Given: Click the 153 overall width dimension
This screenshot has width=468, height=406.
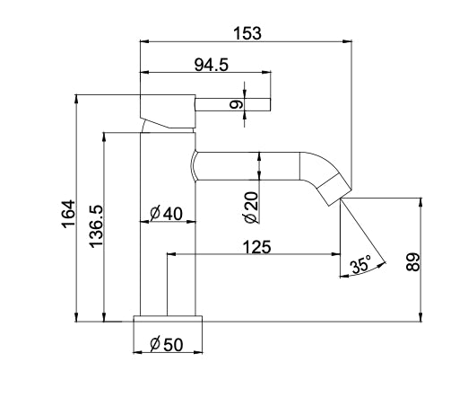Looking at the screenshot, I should click(x=247, y=32).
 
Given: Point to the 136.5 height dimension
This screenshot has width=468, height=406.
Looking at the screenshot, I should click(x=96, y=228).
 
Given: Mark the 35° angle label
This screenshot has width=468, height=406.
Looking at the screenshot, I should click(x=360, y=266).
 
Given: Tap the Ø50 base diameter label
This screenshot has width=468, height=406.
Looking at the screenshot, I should click(x=169, y=343).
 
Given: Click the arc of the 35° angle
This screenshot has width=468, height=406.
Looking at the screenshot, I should click(x=364, y=273).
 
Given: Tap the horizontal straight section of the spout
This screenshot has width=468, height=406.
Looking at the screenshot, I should click(x=247, y=165).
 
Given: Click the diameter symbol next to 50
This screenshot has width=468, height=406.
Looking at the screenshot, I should click(x=155, y=343).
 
